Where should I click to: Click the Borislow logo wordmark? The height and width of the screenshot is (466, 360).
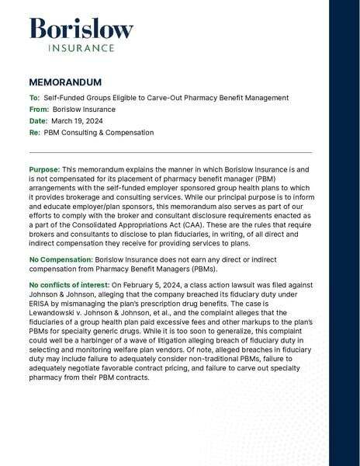pyautogui.click(x=81, y=30)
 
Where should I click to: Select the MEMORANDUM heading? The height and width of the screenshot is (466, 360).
pyautogui.click(x=65, y=82)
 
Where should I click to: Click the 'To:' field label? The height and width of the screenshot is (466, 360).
pyautogui.click(x=34, y=98)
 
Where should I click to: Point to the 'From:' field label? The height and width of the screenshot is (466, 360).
pyautogui.click(x=39, y=110)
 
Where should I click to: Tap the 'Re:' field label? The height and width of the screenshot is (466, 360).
pyautogui.click(x=34, y=133)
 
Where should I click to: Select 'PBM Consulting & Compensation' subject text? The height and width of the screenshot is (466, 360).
pyautogui.click(x=99, y=133)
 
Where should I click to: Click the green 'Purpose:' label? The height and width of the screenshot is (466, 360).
pyautogui.click(x=44, y=169)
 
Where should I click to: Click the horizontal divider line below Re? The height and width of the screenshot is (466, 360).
pyautogui.click(x=170, y=152)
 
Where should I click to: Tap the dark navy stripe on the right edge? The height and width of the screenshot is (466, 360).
pyautogui.click(x=344, y=233)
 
